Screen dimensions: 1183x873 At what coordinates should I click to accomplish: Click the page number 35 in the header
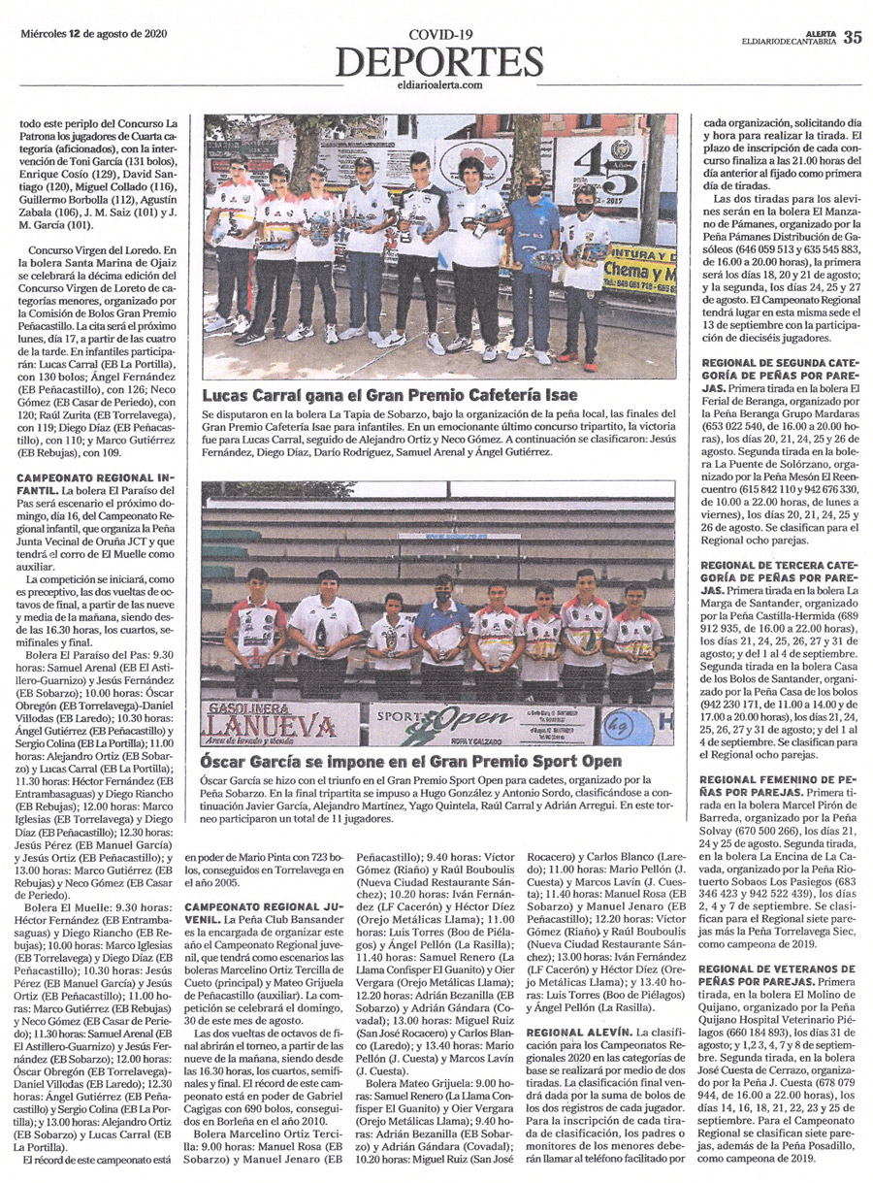(x=852, y=37)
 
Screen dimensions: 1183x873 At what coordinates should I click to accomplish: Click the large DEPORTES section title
(x=439, y=61)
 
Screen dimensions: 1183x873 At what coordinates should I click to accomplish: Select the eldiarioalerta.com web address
(x=439, y=85)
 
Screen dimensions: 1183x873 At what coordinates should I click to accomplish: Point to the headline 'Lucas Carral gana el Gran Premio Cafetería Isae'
(x=390, y=395)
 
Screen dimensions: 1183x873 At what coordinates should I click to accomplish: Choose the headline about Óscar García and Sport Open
(x=410, y=762)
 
